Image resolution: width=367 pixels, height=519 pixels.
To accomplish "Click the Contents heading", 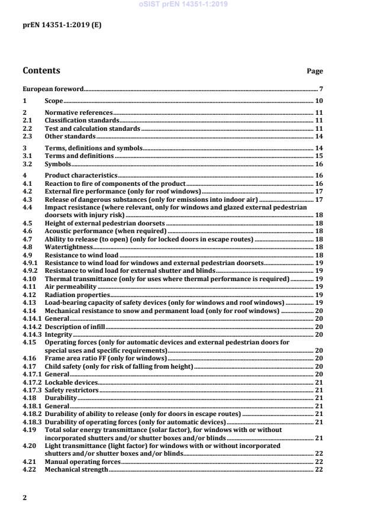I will coord(41,71).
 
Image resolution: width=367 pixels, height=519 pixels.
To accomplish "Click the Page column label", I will coord(314,72).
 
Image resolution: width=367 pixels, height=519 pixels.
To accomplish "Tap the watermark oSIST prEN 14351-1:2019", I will coord(183,4).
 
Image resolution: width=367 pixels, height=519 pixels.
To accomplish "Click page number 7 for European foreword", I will coord(320,89).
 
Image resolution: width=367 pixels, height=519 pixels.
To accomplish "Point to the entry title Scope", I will coord(54,101).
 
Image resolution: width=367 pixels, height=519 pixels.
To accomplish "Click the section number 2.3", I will coord(27,136).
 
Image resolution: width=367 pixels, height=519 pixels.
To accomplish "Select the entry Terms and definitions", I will coord(79,156).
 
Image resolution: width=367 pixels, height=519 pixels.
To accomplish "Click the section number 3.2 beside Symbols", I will coord(27,164).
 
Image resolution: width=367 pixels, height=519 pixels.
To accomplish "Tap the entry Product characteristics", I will coord(81,176).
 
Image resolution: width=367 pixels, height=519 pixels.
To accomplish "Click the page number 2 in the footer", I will coord(25,498).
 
